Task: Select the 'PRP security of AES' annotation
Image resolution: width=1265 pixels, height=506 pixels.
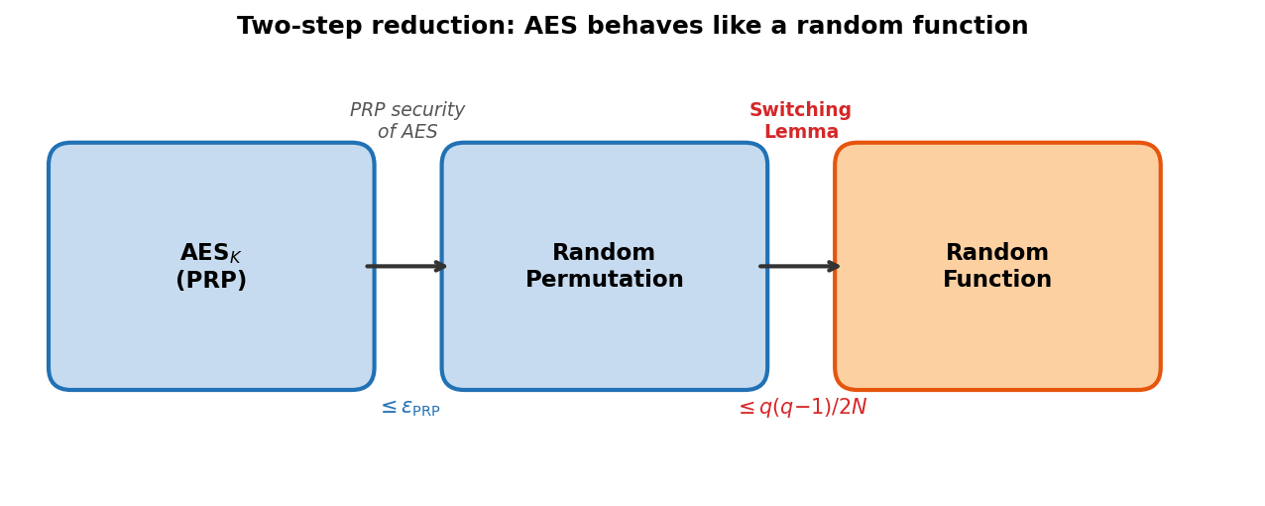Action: (407, 121)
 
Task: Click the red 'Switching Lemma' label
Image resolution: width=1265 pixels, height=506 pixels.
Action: (801, 121)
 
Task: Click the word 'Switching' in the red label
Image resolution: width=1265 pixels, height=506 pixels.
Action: (801, 110)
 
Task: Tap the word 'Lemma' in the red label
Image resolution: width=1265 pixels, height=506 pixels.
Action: (801, 132)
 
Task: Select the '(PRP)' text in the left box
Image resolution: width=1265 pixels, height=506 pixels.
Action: (211, 281)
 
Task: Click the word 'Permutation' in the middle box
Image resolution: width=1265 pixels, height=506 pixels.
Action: (605, 280)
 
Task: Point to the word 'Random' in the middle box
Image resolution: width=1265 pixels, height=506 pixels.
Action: (604, 253)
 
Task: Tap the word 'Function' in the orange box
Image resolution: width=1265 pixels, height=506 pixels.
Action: (997, 280)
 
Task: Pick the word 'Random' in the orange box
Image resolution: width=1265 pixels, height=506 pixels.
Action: (997, 253)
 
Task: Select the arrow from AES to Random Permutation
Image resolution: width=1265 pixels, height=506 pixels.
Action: (407, 266)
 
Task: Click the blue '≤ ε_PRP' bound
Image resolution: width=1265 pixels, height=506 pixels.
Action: (409, 408)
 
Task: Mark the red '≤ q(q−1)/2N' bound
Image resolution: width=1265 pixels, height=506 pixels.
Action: (802, 408)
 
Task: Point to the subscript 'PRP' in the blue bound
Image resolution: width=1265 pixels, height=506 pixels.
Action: (426, 412)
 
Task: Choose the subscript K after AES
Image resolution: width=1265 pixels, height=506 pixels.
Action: (236, 258)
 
